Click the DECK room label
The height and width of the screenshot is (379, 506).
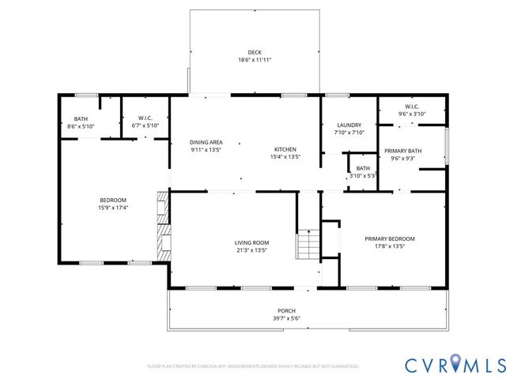(254, 52)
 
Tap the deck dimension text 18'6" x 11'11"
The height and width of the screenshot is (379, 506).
(254, 60)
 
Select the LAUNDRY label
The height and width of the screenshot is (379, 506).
(349, 126)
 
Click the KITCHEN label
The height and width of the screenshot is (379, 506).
(285, 149)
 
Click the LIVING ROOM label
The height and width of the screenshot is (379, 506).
(251, 242)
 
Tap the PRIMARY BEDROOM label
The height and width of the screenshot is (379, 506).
(389, 238)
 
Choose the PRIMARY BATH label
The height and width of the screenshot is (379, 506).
(402, 150)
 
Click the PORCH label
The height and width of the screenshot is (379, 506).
(285, 310)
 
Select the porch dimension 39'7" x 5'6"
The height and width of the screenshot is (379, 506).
(285, 318)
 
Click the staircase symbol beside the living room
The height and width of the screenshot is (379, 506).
(307, 245)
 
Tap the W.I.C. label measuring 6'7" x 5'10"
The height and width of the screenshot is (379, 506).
(145, 118)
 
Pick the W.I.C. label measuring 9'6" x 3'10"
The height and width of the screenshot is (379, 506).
(411, 107)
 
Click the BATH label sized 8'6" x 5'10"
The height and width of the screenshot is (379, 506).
(81, 118)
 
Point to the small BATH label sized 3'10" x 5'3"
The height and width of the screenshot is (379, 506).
(363, 168)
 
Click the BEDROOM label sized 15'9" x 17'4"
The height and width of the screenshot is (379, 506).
(112, 200)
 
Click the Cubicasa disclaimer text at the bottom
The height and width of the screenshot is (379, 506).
(253, 366)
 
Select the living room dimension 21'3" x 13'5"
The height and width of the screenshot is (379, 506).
(251, 250)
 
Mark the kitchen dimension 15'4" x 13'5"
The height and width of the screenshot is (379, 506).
(285, 157)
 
